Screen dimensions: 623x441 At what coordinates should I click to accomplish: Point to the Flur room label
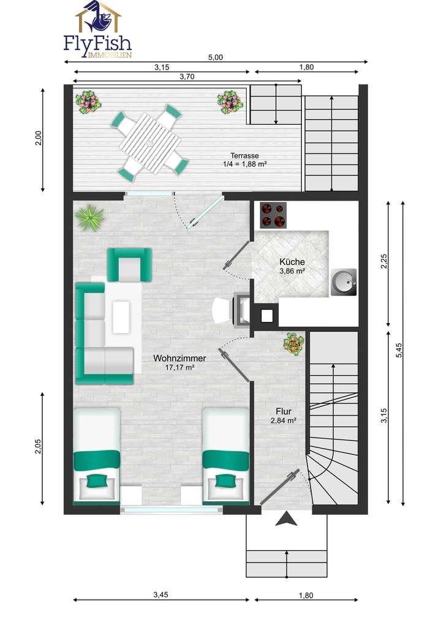point(283,412)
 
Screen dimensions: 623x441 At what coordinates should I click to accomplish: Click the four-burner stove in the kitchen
point(273,215)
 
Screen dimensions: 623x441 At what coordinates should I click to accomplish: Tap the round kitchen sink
point(342,282)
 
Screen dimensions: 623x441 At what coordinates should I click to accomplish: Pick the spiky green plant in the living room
point(90,217)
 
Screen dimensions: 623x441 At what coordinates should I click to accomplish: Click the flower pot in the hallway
point(293,343)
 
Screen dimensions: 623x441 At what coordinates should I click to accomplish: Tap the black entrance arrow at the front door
point(286,519)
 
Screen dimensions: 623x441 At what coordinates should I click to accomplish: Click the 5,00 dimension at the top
point(216,57)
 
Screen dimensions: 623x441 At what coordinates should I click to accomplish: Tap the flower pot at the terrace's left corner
point(89,101)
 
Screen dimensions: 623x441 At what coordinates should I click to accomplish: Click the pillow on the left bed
point(96,481)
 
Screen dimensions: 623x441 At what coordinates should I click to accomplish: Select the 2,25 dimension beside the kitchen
point(384,262)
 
